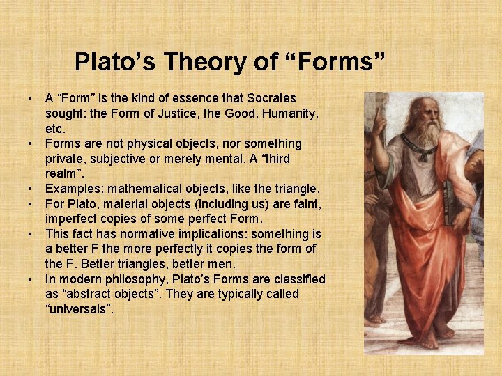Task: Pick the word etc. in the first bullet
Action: [x=55, y=129]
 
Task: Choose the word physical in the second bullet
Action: [x=149, y=143]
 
